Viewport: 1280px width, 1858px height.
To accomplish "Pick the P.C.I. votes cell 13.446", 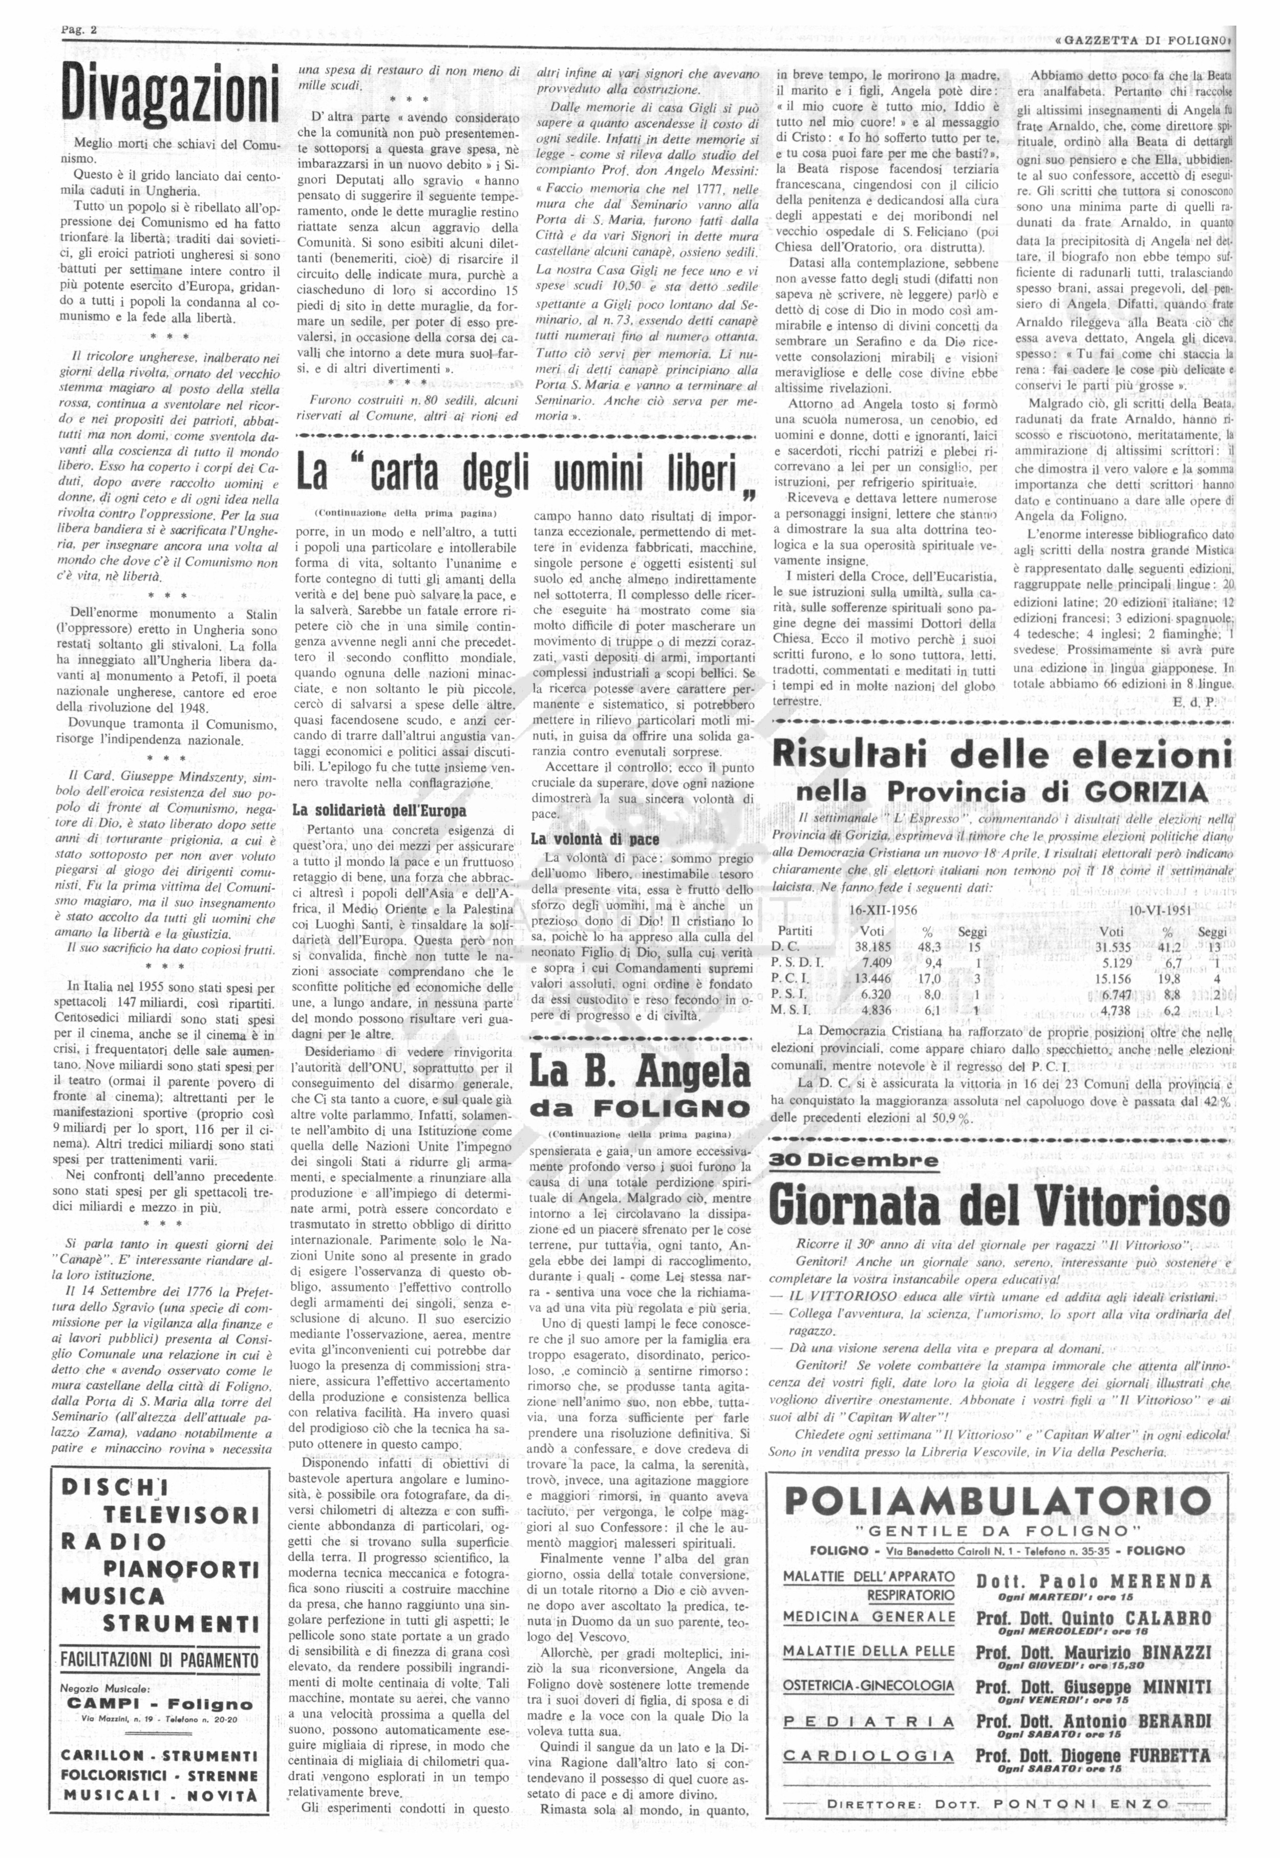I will [x=879, y=978].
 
